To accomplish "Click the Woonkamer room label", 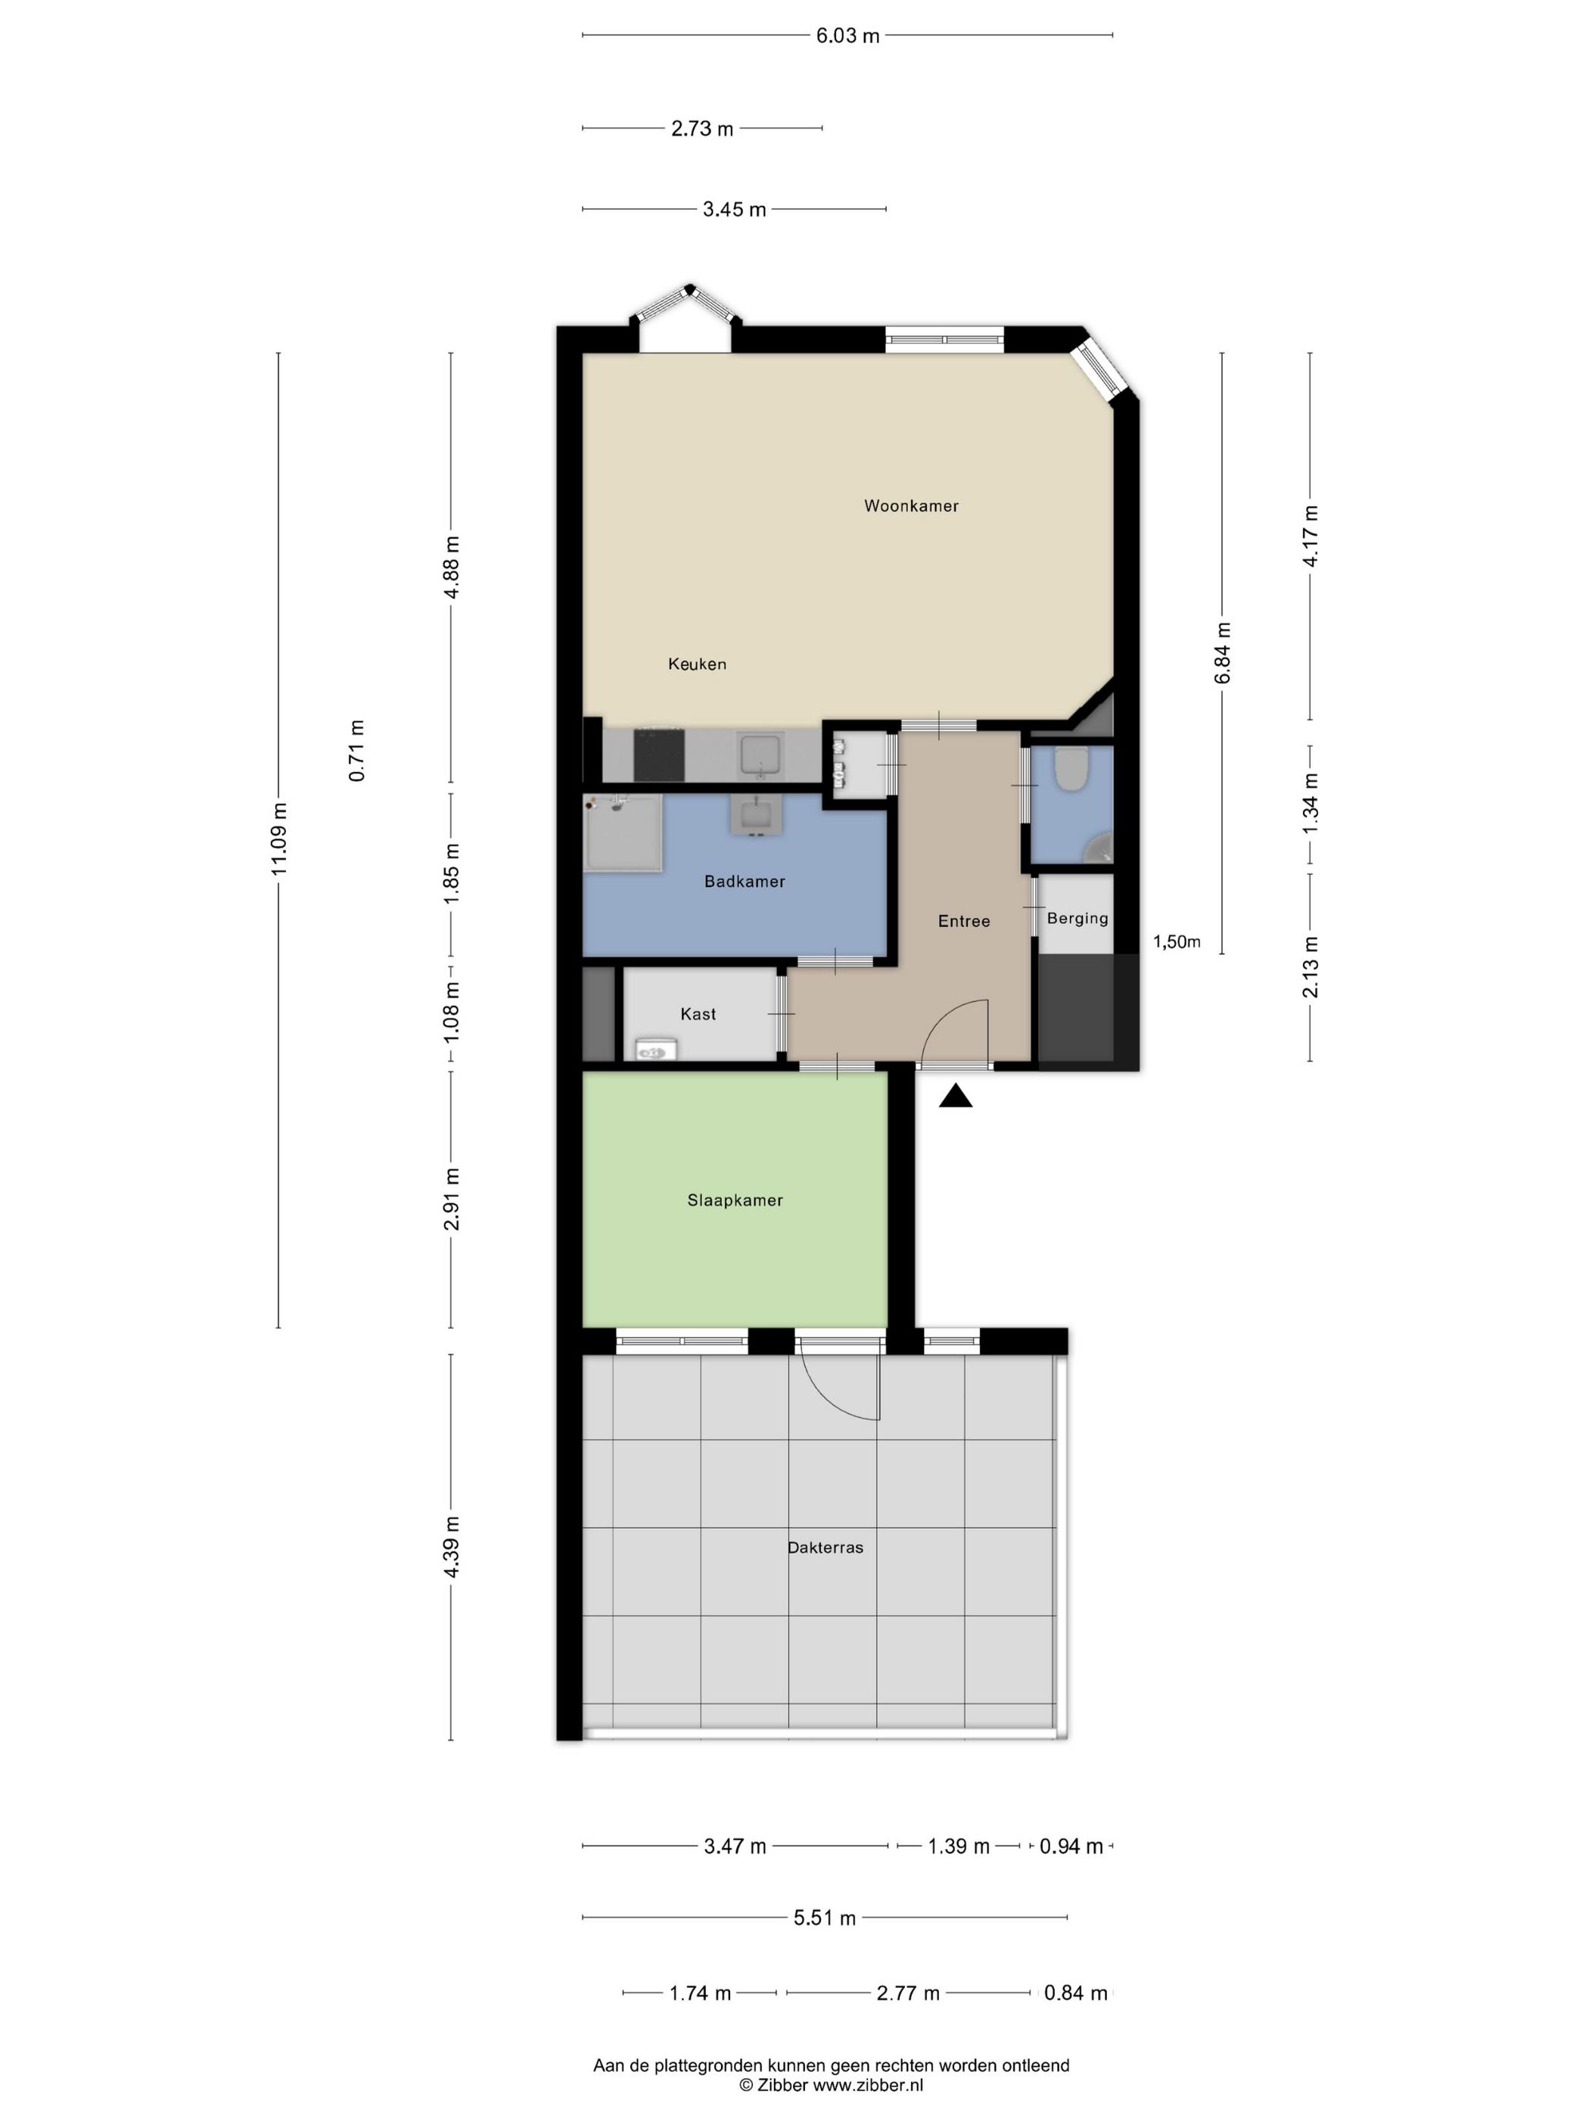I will pyautogui.click(x=910, y=506).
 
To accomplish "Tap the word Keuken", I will pyautogui.click(x=696, y=664).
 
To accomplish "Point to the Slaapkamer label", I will pyautogui.click(x=735, y=1200).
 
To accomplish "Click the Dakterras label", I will pyautogui.click(x=825, y=1547).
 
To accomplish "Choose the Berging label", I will pyautogui.click(x=1077, y=919).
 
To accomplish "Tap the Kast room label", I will pyautogui.click(x=698, y=1013).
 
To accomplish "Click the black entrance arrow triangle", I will pyautogui.click(x=955, y=1097).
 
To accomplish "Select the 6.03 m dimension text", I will pyautogui.click(x=847, y=36).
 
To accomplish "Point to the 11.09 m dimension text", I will pyautogui.click(x=278, y=837).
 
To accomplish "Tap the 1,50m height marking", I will pyautogui.click(x=1176, y=941).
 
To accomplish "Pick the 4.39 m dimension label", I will pyautogui.click(x=452, y=1546).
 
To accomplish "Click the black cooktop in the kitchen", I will pyautogui.click(x=658, y=755).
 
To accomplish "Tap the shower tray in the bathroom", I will pyautogui.click(x=623, y=832).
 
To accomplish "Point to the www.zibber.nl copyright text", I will pyautogui.click(x=830, y=2084).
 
